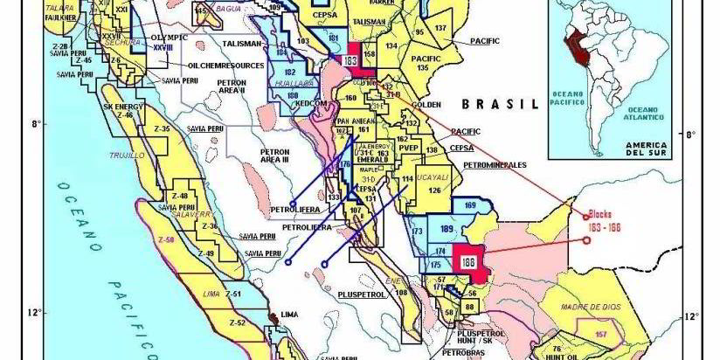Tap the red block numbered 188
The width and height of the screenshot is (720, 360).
point(468,262)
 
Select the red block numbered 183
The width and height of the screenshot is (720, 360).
point(350,61)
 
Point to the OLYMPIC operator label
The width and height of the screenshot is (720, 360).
point(169,39)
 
